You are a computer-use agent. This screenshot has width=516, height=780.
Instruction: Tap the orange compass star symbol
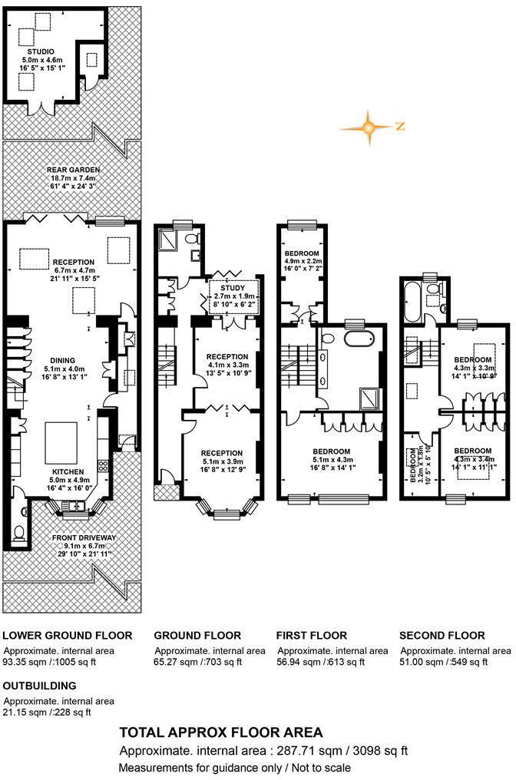(369, 127)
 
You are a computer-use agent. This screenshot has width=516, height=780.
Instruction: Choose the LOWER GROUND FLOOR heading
(68, 636)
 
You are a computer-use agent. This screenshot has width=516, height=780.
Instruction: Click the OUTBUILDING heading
(40, 686)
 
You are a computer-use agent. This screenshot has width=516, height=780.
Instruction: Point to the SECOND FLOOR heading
(442, 636)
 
